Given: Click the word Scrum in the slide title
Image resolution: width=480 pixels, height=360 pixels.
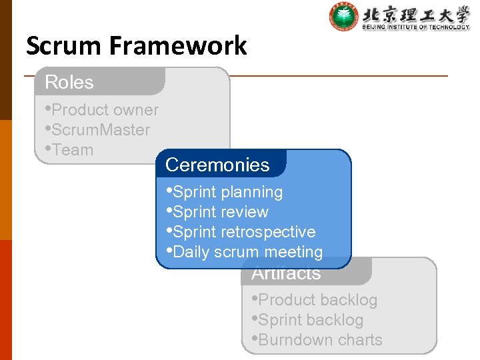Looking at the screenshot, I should pos(62,46).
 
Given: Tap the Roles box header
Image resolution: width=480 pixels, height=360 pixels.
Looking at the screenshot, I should pos(69,82).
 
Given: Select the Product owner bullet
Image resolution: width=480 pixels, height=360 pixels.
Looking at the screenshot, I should pos(104,110).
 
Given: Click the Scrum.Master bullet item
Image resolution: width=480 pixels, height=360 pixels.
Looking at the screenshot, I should pos(100,130).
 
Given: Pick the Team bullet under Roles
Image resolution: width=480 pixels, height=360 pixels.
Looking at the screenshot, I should pos(72,150).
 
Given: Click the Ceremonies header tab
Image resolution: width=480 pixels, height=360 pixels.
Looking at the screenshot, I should pos(217,165).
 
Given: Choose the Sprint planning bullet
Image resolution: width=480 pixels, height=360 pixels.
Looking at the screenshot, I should pos(227,192).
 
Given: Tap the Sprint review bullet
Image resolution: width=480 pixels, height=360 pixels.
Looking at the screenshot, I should pos(220,212).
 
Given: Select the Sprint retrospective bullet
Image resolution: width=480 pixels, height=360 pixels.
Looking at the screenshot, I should pos(243,232).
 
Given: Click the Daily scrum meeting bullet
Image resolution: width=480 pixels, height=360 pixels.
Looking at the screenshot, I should pos(247,252).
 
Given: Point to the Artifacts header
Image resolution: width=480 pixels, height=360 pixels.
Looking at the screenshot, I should pos(286,273).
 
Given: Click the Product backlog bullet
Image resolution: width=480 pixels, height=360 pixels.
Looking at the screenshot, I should pos(317,300).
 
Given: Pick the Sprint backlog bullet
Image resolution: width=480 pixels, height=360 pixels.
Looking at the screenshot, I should pos(310,320).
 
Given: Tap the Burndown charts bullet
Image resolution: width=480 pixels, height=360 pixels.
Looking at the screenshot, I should pos(319,340).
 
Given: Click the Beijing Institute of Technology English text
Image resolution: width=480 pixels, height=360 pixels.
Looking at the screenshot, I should pos(415,27).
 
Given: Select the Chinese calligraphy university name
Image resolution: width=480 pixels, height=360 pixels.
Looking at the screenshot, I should pos(415,13).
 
